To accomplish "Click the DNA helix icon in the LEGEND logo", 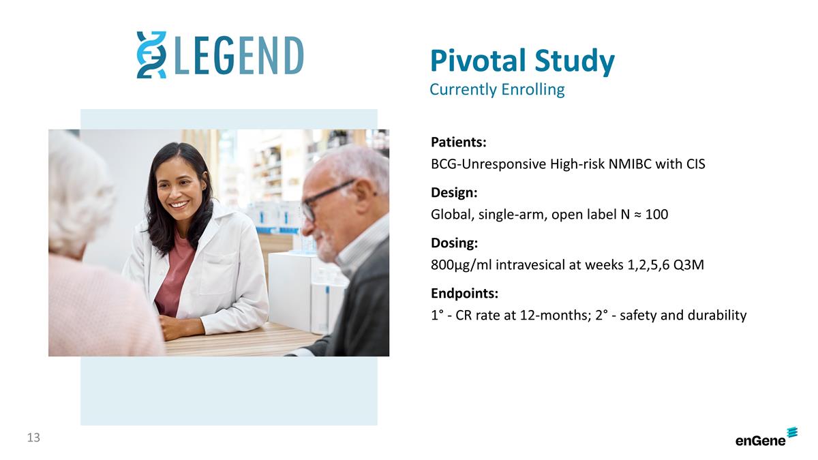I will (x=151, y=55).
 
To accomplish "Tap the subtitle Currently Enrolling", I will (x=497, y=89).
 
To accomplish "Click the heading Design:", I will (x=453, y=193).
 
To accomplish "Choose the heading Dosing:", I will (x=454, y=243).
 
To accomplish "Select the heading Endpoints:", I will (x=464, y=294).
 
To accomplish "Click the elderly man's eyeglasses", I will (x=327, y=198).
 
